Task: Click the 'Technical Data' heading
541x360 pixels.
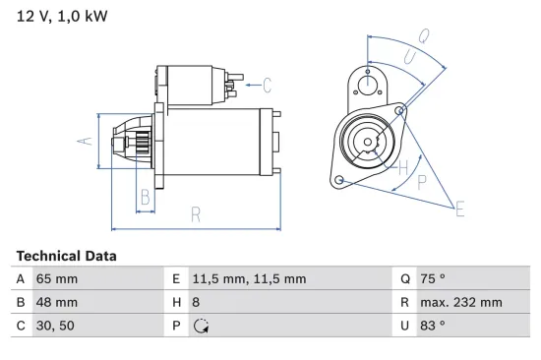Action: pyautogui.click(x=66, y=256)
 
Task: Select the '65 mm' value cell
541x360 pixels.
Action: pyautogui.click(x=56, y=278)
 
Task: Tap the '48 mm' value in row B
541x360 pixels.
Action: pyautogui.click(x=56, y=302)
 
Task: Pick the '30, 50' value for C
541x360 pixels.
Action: pyautogui.click(x=53, y=326)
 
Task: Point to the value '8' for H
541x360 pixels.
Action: pyautogui.click(x=195, y=302)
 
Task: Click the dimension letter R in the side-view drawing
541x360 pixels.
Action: pyautogui.click(x=196, y=213)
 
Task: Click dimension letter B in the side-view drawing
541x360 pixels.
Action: pyautogui.click(x=146, y=196)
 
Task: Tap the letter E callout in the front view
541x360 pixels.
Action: pyautogui.click(x=459, y=207)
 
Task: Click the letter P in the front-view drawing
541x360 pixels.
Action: pyautogui.click(x=421, y=182)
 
